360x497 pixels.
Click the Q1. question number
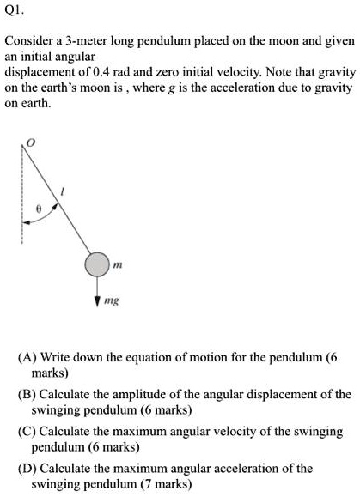tap(15, 12)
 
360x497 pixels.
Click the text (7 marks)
tap(163, 484)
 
